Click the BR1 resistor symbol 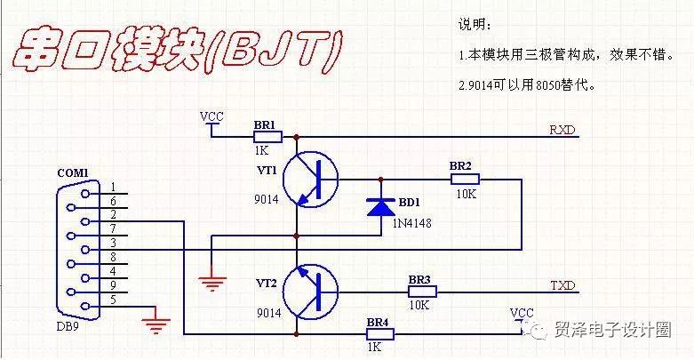tap(267, 137)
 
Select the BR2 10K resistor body tap(465, 180)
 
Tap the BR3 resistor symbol tap(422, 292)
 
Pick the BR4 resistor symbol tap(379, 334)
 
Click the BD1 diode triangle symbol tap(381, 207)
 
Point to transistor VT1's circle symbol tap(311, 180)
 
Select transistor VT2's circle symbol tap(311, 292)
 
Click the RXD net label tap(562, 130)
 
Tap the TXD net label tap(562, 285)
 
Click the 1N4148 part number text tap(411, 223)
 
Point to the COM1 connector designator tap(73, 172)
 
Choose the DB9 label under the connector tap(68, 327)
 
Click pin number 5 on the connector tap(114, 300)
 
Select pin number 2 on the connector tap(114, 215)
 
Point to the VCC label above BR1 tap(211, 116)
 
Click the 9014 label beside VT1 tap(267, 199)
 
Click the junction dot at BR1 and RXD tap(297, 137)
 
